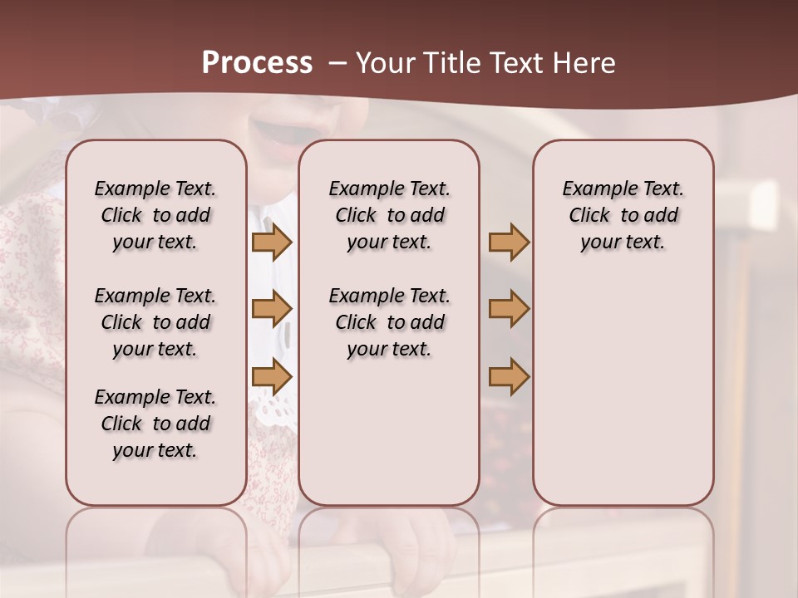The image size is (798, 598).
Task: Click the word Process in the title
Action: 257,63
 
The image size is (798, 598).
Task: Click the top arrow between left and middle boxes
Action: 271,242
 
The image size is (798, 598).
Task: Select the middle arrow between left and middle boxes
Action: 271,309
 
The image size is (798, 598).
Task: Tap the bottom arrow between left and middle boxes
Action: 271,377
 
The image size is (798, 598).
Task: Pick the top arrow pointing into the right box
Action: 509,242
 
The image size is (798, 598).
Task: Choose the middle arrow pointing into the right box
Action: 509,309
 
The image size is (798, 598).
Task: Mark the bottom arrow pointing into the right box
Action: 509,377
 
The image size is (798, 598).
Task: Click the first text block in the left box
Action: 155,215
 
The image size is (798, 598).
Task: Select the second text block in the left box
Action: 155,322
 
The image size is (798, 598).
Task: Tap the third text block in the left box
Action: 155,424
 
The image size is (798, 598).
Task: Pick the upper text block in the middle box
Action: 389,215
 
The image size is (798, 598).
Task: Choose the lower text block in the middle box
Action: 389,322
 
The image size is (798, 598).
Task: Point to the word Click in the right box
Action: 589,215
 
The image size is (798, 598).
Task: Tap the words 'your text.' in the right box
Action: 623,242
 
